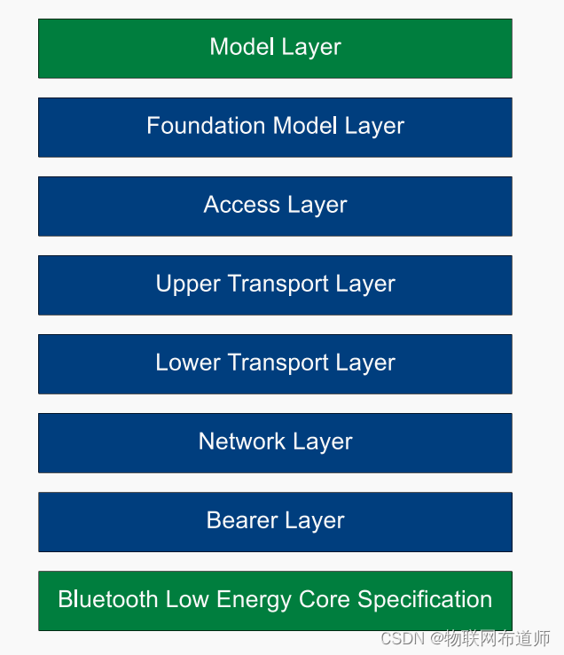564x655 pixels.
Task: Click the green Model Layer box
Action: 275,48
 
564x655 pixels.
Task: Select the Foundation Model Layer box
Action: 275,127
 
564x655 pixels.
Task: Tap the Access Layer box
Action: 275,206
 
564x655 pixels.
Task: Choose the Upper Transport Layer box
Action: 275,285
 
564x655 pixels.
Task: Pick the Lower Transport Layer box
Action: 275,363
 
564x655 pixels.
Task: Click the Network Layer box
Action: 275,442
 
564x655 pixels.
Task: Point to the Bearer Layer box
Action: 275,521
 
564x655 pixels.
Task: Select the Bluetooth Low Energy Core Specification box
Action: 275,600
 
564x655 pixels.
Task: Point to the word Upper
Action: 185,285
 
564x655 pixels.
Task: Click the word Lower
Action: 185,363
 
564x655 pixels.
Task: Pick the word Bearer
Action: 238,520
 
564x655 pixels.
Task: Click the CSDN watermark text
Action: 402,638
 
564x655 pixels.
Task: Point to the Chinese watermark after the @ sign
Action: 497,638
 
